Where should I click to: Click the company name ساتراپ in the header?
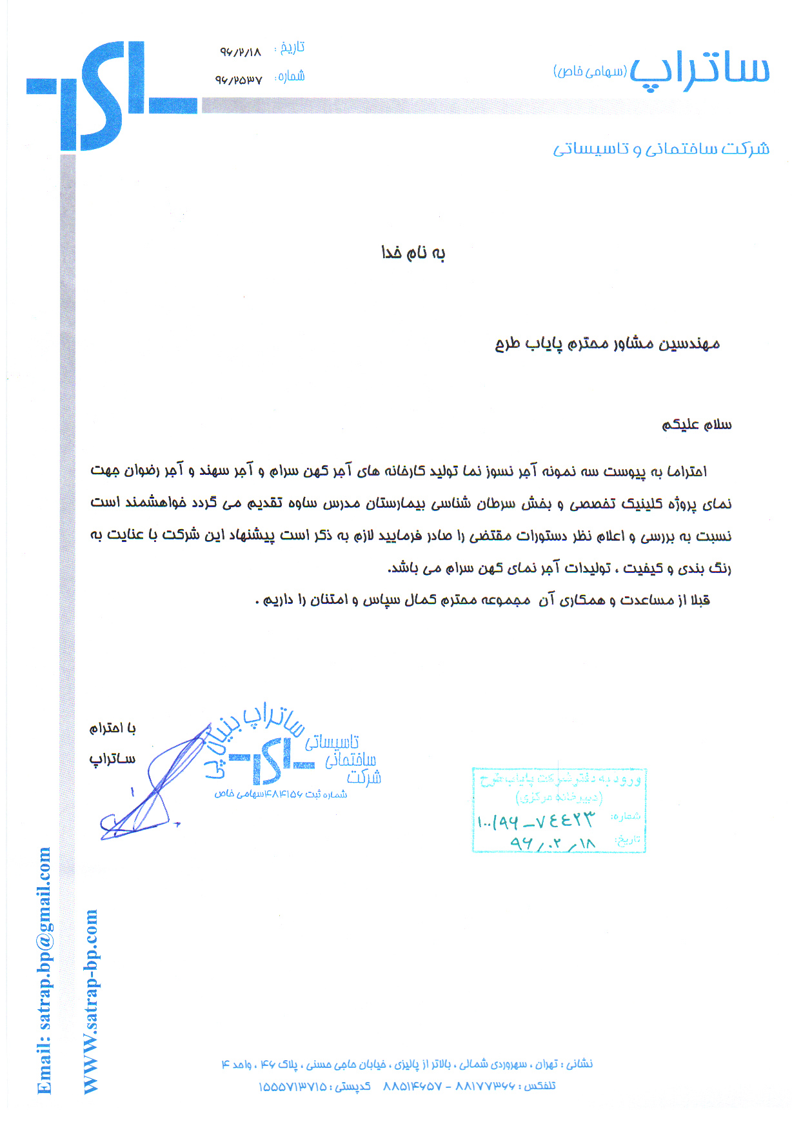point(700,70)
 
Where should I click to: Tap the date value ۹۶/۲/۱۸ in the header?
point(241,52)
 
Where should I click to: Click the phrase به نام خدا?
point(413,253)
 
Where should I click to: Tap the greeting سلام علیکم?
point(697,425)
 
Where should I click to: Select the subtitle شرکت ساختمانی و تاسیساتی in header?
point(661,149)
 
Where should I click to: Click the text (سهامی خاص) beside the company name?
point(589,71)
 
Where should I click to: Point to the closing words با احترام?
point(113,728)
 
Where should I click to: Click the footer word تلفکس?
point(540,1086)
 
